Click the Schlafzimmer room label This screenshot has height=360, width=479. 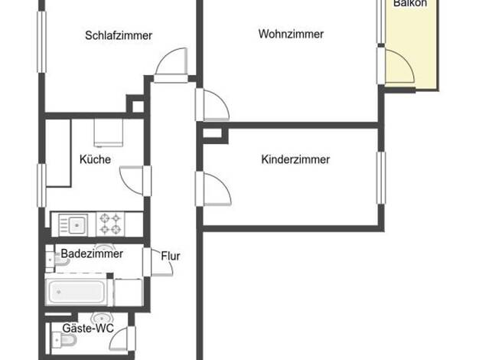pos(119,35)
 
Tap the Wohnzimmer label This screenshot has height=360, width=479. pos(291,34)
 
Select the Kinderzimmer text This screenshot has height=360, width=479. pos(295,159)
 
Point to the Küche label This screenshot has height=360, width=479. pos(95,159)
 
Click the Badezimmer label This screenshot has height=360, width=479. pos(92,254)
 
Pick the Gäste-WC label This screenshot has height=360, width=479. pos(88,328)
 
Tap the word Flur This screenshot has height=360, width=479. pos(171,256)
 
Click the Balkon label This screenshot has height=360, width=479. pos(410,3)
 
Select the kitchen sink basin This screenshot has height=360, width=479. pos(77,225)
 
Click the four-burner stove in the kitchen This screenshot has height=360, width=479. pos(110,224)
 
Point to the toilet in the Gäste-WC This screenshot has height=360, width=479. pos(65,339)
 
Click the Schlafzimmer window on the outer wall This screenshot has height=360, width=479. pos(41,42)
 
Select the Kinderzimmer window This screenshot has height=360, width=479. pos(381,178)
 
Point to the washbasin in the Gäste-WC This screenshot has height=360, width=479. pos(103,317)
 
